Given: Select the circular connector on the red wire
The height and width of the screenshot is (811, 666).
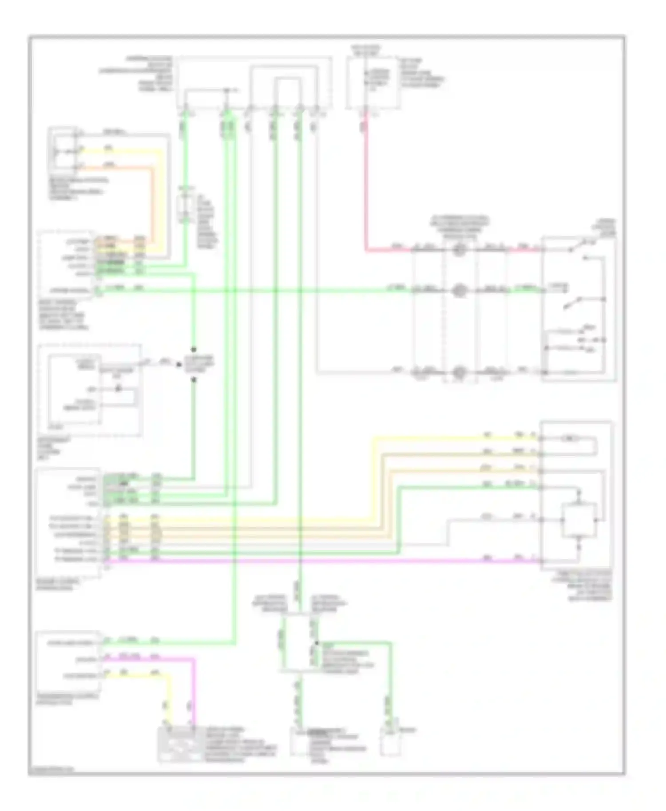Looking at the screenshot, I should [459, 250].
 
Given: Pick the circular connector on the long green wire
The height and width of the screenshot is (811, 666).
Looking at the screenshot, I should [459, 291].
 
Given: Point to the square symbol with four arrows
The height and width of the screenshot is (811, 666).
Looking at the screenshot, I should [579, 520].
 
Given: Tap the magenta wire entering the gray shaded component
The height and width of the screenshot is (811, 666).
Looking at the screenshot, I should [194, 701].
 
